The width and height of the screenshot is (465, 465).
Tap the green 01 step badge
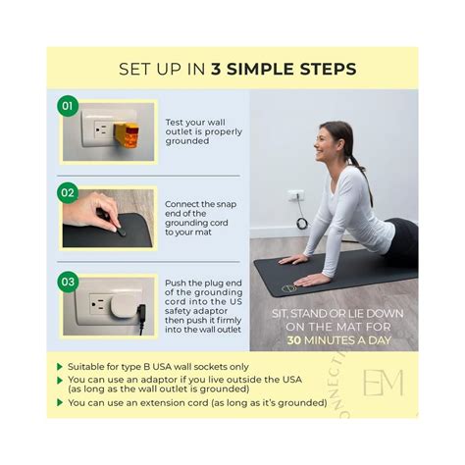click(x=68, y=105)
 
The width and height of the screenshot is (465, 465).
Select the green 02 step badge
click(x=68, y=191)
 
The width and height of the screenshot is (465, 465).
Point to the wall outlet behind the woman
click(x=295, y=196)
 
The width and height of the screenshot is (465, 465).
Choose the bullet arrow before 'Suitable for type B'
click(x=62, y=365)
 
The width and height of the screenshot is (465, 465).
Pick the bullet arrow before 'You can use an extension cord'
click(x=62, y=402)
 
